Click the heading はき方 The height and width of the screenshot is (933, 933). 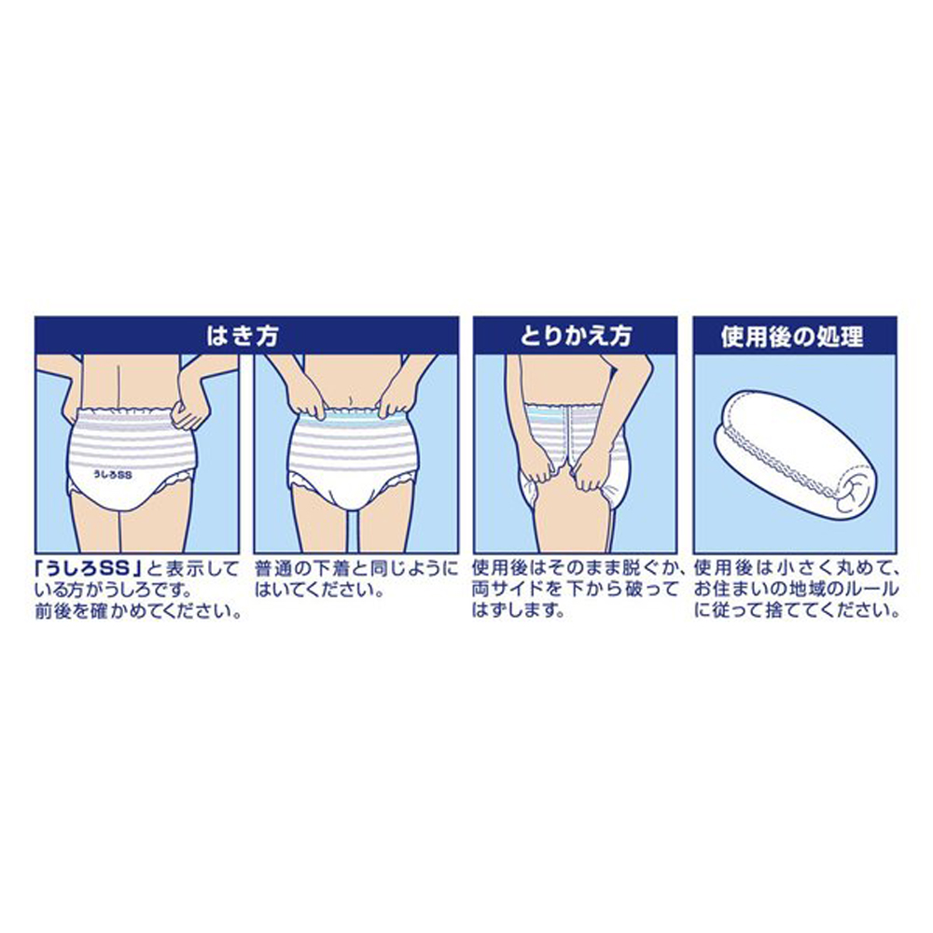click(x=245, y=334)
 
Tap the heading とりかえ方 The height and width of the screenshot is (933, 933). click(x=576, y=334)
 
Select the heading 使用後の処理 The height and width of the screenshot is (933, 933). click(x=793, y=334)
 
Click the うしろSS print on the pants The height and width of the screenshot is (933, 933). click(x=115, y=475)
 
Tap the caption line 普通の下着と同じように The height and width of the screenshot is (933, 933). click(x=356, y=568)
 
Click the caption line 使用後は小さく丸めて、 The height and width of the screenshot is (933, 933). click(x=796, y=568)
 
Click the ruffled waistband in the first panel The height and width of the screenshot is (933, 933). click(x=131, y=412)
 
